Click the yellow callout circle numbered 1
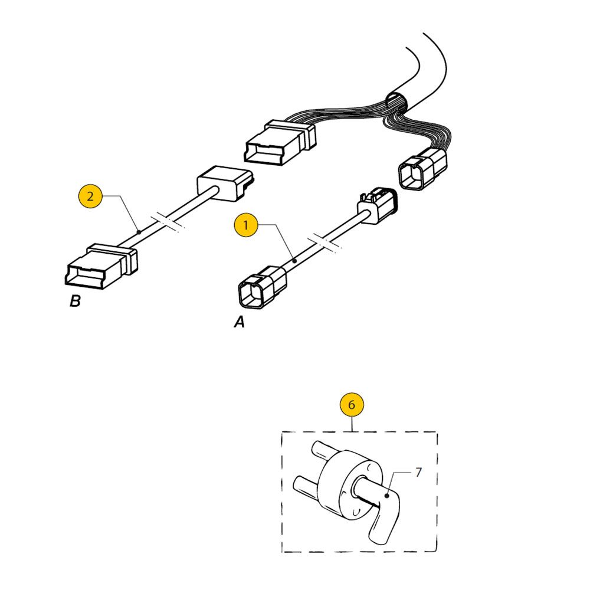click(246, 225)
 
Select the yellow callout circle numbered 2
click(90, 196)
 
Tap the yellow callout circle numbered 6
click(352, 405)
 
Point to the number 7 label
click(418, 472)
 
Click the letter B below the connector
click(75, 301)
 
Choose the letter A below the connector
click(240, 322)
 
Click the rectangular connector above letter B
click(101, 266)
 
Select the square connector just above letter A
click(263, 287)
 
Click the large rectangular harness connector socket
click(280, 143)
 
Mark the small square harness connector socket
click(422, 169)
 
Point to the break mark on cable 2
click(168, 222)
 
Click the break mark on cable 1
click(324, 242)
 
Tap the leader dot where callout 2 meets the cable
click(139, 232)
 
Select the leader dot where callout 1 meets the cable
click(296, 261)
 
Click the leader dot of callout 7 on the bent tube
click(386, 496)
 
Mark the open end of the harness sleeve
click(397, 102)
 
